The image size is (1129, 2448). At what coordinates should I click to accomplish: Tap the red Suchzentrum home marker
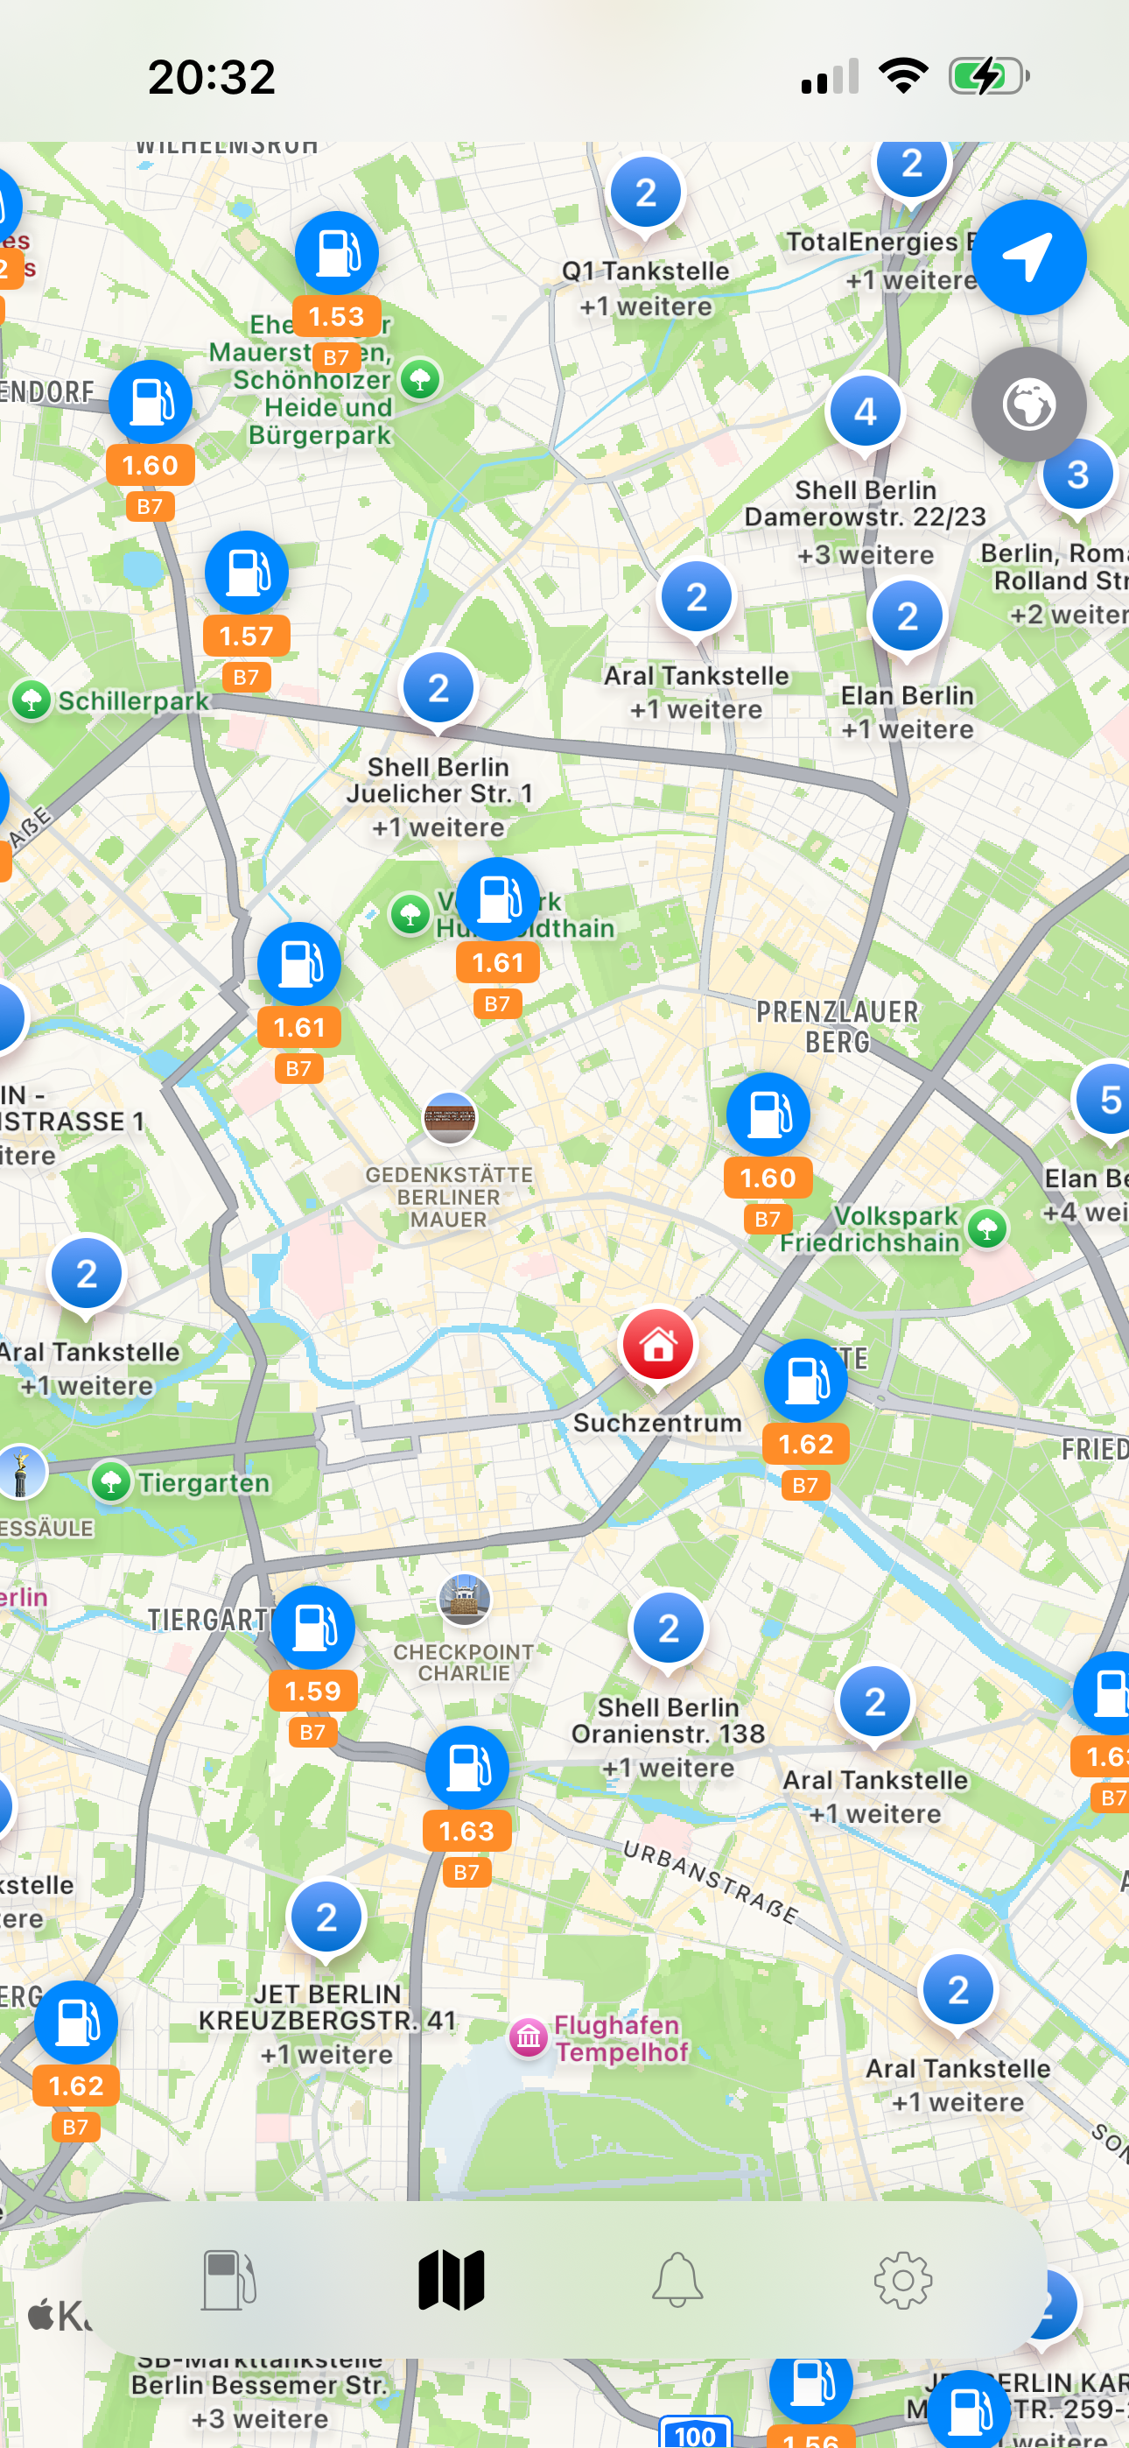(657, 1344)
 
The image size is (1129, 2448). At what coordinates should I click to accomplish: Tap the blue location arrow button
(1028, 257)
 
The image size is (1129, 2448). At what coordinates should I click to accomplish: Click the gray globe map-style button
(1028, 404)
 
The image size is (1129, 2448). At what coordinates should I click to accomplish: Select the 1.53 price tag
(336, 316)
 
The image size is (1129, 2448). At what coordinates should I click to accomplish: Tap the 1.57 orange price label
(246, 636)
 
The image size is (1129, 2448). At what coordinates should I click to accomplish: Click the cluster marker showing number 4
(865, 412)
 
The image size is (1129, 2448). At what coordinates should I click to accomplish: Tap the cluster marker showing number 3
(1076, 475)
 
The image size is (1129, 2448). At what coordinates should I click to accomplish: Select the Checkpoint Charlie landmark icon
(464, 1600)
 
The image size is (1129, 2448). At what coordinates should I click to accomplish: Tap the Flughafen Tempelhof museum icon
(529, 2037)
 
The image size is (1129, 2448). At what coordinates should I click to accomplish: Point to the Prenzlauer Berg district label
(838, 1026)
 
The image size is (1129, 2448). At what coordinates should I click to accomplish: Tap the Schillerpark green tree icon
(32, 700)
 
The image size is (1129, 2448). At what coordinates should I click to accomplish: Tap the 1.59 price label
(312, 1691)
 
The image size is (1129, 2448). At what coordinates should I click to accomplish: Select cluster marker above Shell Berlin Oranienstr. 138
(668, 1628)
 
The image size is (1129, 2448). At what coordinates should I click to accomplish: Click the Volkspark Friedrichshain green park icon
(987, 1228)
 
